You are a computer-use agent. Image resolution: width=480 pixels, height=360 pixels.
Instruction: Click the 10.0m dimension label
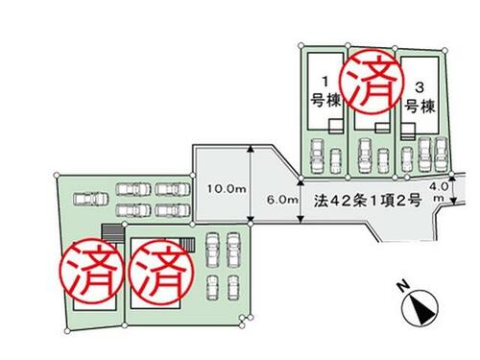pos(227,189)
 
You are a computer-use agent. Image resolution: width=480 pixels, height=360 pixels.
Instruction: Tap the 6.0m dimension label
pos(282,200)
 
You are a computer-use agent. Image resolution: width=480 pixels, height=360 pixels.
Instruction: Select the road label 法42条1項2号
pos(368,201)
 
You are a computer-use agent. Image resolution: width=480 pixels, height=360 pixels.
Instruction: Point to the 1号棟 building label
pos(325,92)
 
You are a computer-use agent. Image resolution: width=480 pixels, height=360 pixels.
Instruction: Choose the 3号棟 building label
pos(420,98)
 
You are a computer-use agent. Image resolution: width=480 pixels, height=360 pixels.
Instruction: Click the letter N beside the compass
pos(403,285)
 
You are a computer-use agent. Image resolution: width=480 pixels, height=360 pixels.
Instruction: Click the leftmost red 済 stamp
pos(93,271)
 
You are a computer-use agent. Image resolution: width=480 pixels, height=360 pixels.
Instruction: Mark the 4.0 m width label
pos(443,192)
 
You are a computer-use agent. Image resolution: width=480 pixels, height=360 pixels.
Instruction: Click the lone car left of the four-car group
pos(90,200)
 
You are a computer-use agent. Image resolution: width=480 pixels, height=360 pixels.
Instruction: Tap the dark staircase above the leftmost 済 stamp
pos(112,233)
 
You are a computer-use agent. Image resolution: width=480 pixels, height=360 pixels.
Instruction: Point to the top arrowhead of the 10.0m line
pos(251,148)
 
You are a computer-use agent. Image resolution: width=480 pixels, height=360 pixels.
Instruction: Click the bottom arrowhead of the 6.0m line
pos(300,220)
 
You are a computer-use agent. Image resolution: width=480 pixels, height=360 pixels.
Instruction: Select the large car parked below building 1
pos(317,156)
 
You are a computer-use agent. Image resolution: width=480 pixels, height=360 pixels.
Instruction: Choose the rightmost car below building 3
pos(441,155)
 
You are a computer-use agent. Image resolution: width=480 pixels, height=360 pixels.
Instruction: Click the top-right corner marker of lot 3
pos(444,50)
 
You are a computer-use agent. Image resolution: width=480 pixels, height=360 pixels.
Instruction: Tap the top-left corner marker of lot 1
pos(300,45)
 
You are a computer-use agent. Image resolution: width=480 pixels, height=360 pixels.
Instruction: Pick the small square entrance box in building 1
pos(336,126)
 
